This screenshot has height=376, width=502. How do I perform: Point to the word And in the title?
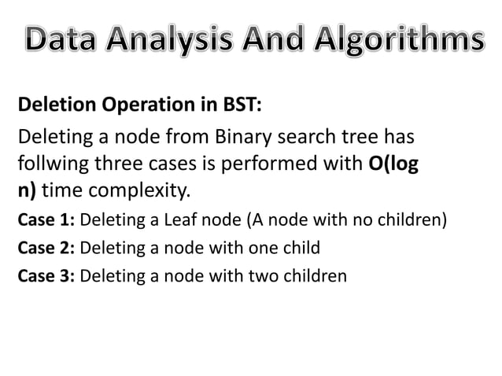point(282,39)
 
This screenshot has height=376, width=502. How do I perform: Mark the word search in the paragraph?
point(315,138)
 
